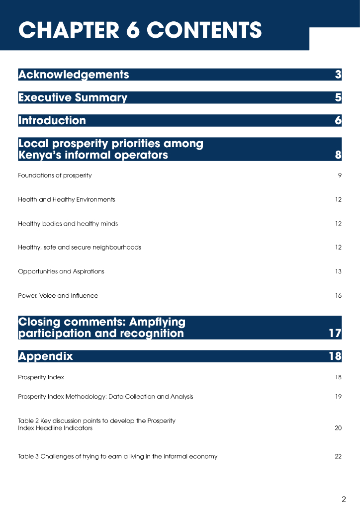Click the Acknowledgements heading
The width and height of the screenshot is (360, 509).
click(74, 75)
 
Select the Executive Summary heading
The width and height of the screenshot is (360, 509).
click(73, 97)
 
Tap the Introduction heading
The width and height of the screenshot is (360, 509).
click(52, 120)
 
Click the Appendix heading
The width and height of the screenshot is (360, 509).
click(45, 356)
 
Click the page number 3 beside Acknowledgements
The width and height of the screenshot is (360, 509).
click(338, 75)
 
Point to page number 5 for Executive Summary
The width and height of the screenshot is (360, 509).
click(338, 97)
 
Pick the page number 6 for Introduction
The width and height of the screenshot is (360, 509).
click(338, 120)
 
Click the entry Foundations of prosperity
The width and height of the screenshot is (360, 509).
click(55, 175)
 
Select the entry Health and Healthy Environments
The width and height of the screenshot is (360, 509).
click(67, 199)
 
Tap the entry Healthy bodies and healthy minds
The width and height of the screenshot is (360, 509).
click(68, 224)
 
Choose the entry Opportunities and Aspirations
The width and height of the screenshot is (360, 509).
click(61, 271)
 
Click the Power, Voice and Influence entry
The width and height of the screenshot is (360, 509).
click(58, 296)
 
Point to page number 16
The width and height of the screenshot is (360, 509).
click(338, 296)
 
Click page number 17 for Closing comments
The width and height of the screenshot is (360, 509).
click(335, 333)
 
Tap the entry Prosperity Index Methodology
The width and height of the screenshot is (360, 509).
click(105, 397)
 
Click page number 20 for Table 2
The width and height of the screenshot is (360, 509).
click(338, 428)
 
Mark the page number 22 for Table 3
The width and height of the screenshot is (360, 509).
click(338, 456)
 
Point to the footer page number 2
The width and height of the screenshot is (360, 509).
click(344, 499)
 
